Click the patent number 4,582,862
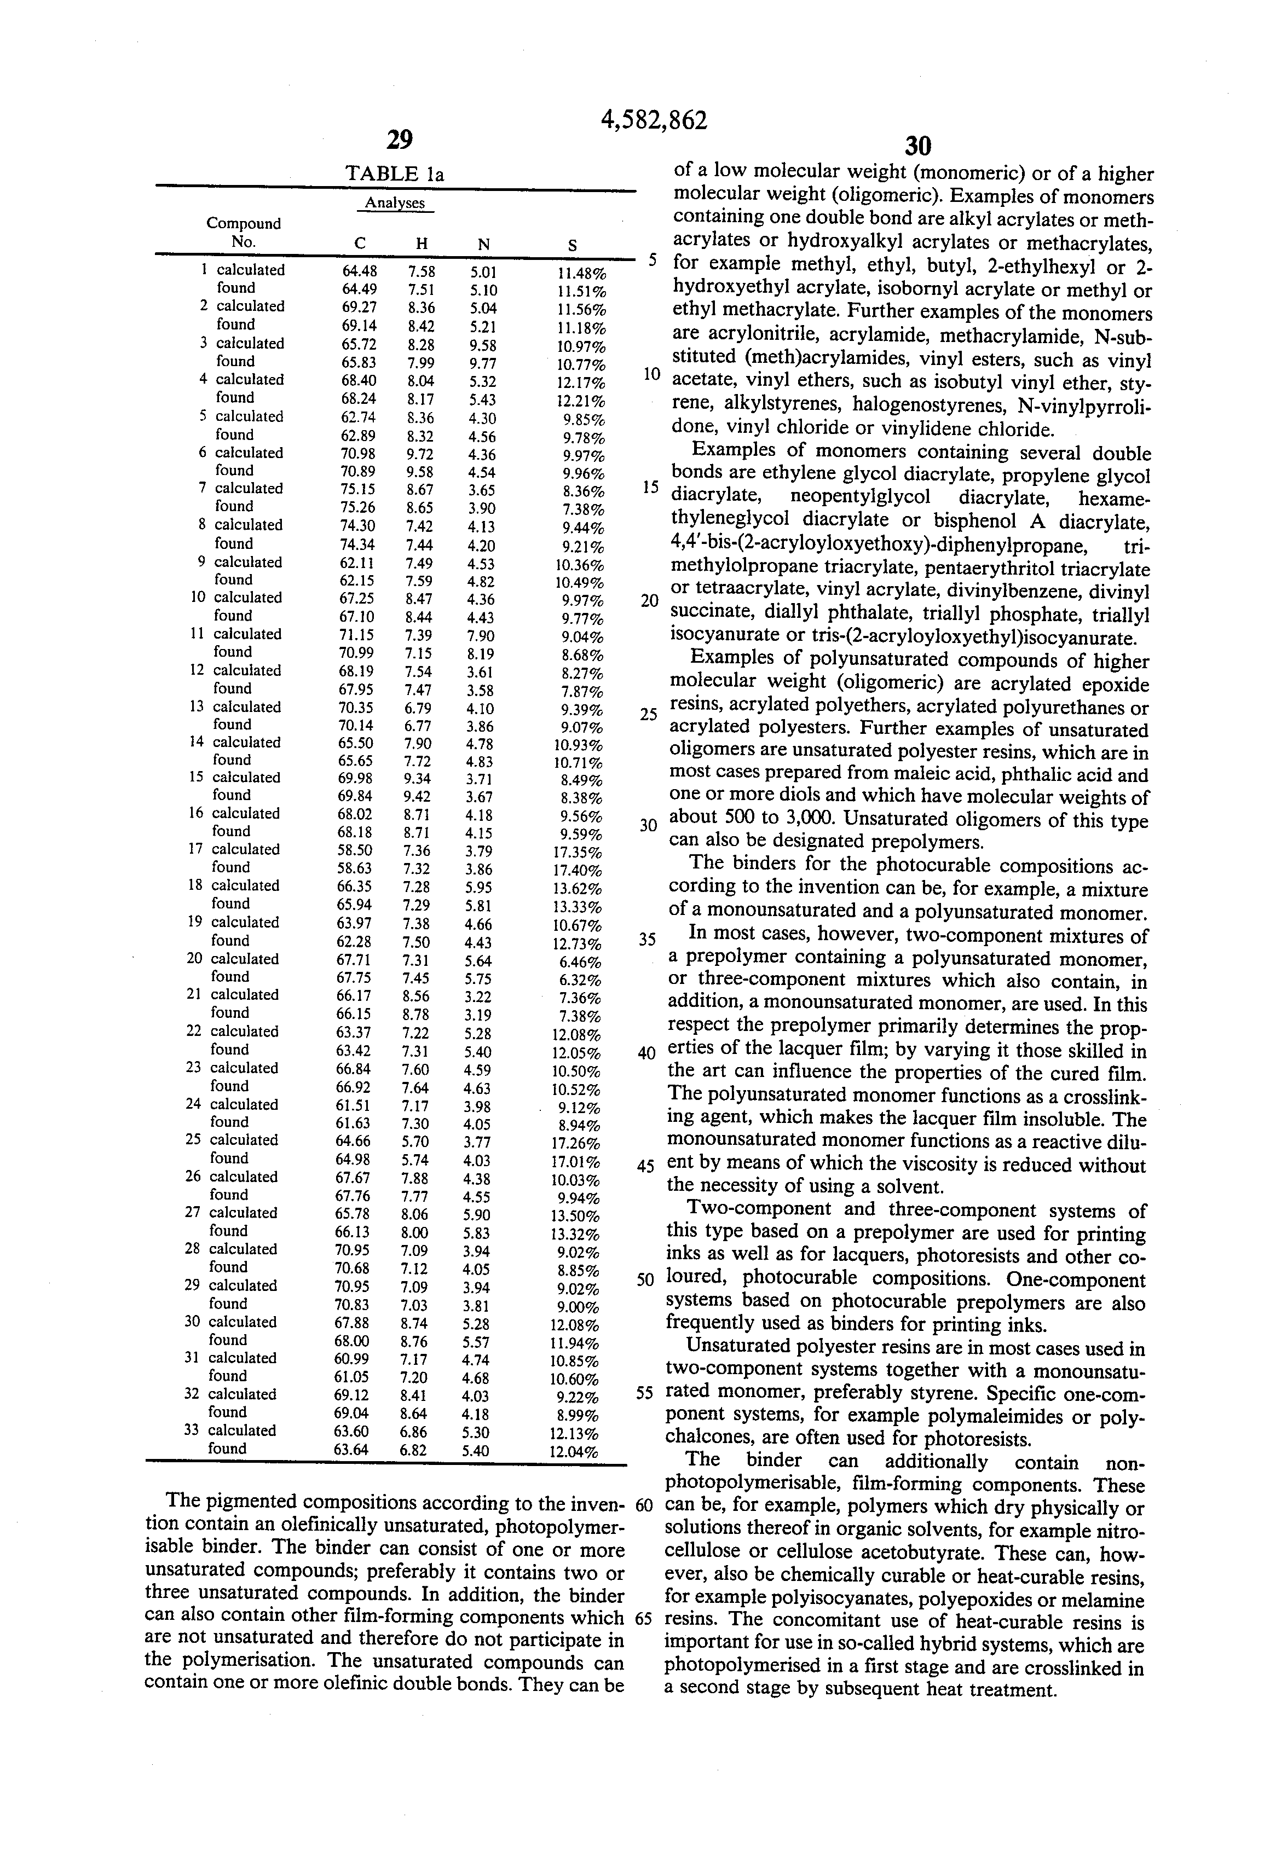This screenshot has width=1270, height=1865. [x=654, y=120]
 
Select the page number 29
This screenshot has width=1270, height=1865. [x=399, y=141]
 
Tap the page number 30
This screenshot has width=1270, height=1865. [x=917, y=146]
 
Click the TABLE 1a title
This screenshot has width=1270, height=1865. [x=394, y=174]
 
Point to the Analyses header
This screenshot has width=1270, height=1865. [x=394, y=203]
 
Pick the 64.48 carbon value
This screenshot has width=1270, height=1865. [x=360, y=271]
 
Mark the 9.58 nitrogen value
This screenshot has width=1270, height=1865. [x=484, y=344]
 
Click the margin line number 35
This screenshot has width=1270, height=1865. [x=647, y=939]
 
